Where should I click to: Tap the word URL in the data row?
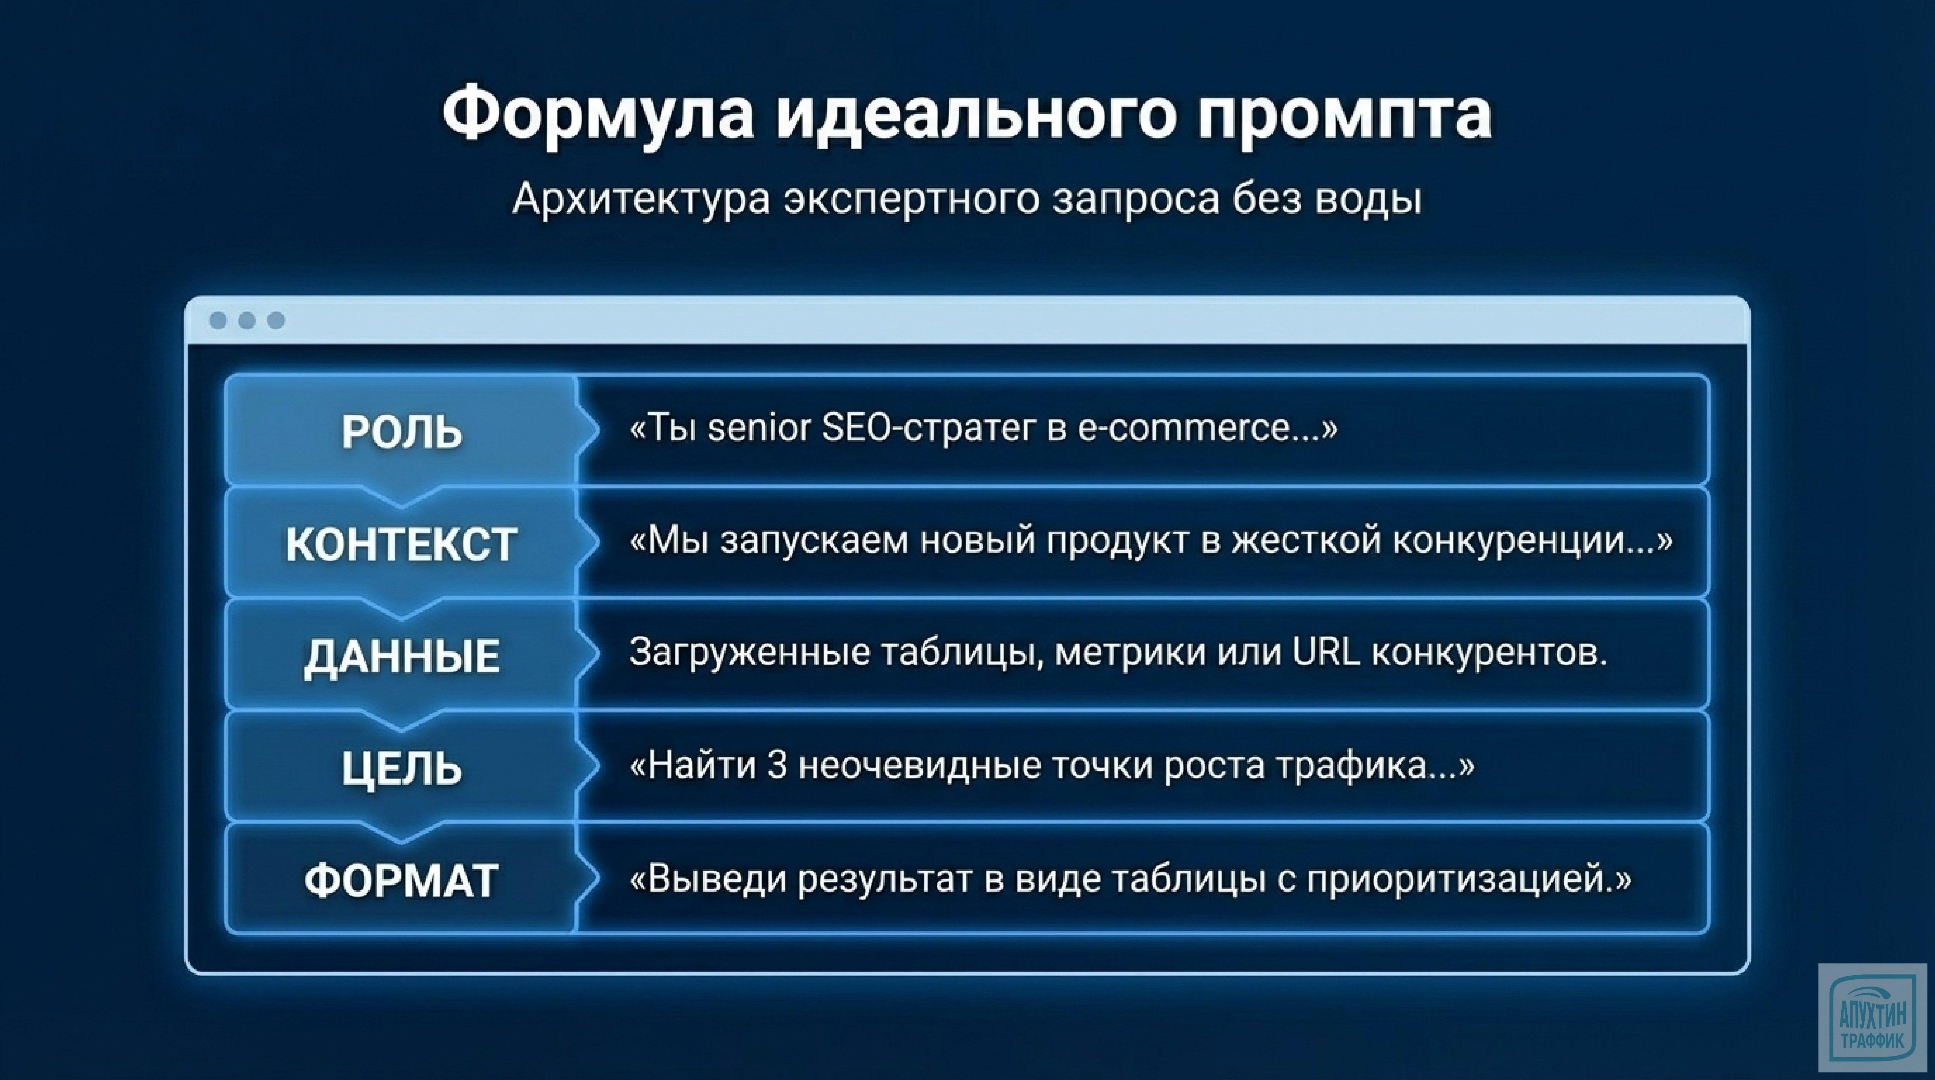1326,652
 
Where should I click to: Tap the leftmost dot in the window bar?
218,321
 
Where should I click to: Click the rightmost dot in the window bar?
276,321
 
